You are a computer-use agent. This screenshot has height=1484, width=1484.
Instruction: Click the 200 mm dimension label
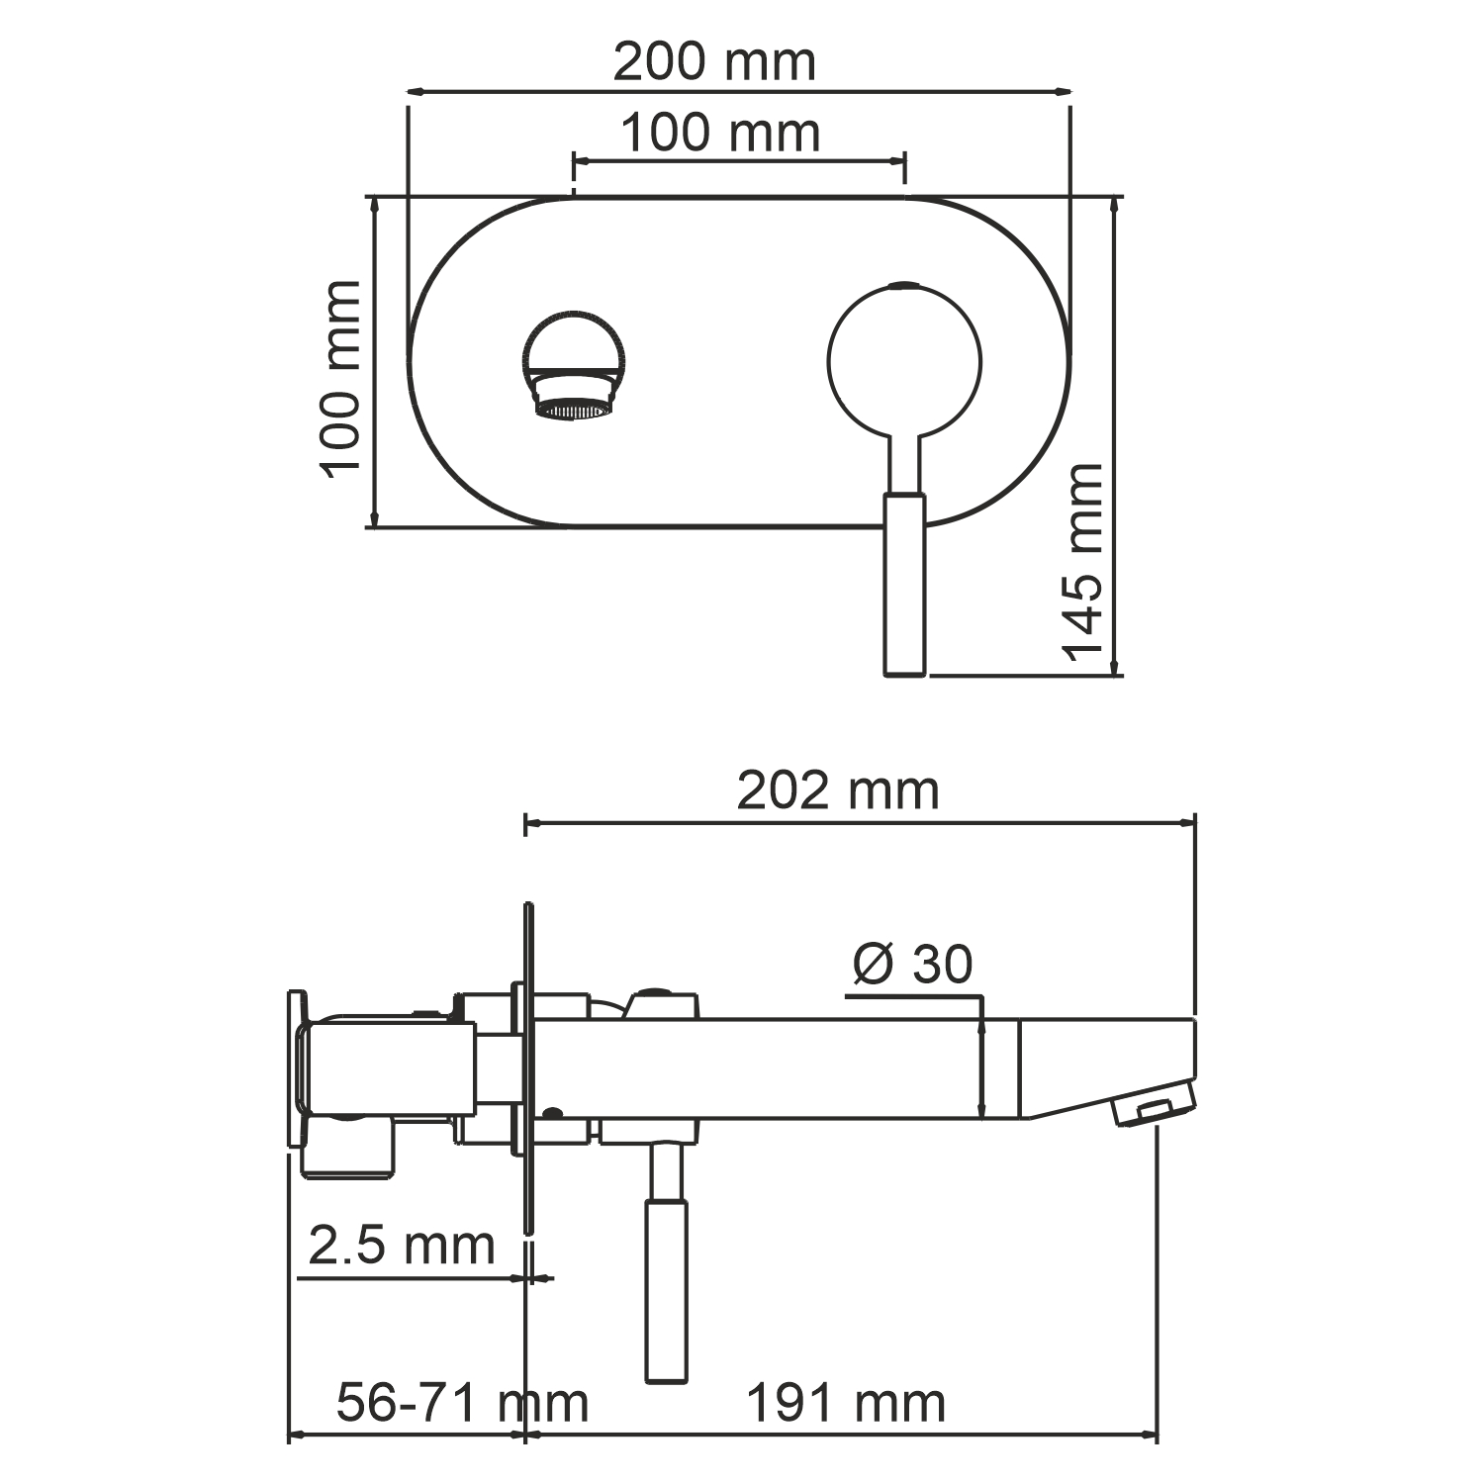pyautogui.click(x=714, y=62)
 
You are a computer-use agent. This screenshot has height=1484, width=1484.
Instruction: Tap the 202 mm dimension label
pyautogui.click(x=837, y=790)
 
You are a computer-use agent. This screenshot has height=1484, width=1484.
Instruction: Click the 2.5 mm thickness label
pyautogui.click(x=401, y=1244)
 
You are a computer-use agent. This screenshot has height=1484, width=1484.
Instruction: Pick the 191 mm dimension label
pyautogui.click(x=845, y=1402)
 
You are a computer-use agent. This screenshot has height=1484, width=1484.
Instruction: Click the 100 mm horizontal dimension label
pyautogui.click(x=720, y=133)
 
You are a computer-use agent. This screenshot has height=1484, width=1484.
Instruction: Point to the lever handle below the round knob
pyautogui.click(x=904, y=584)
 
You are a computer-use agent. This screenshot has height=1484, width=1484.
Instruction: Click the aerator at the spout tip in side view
pyautogui.click(x=1150, y=1110)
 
